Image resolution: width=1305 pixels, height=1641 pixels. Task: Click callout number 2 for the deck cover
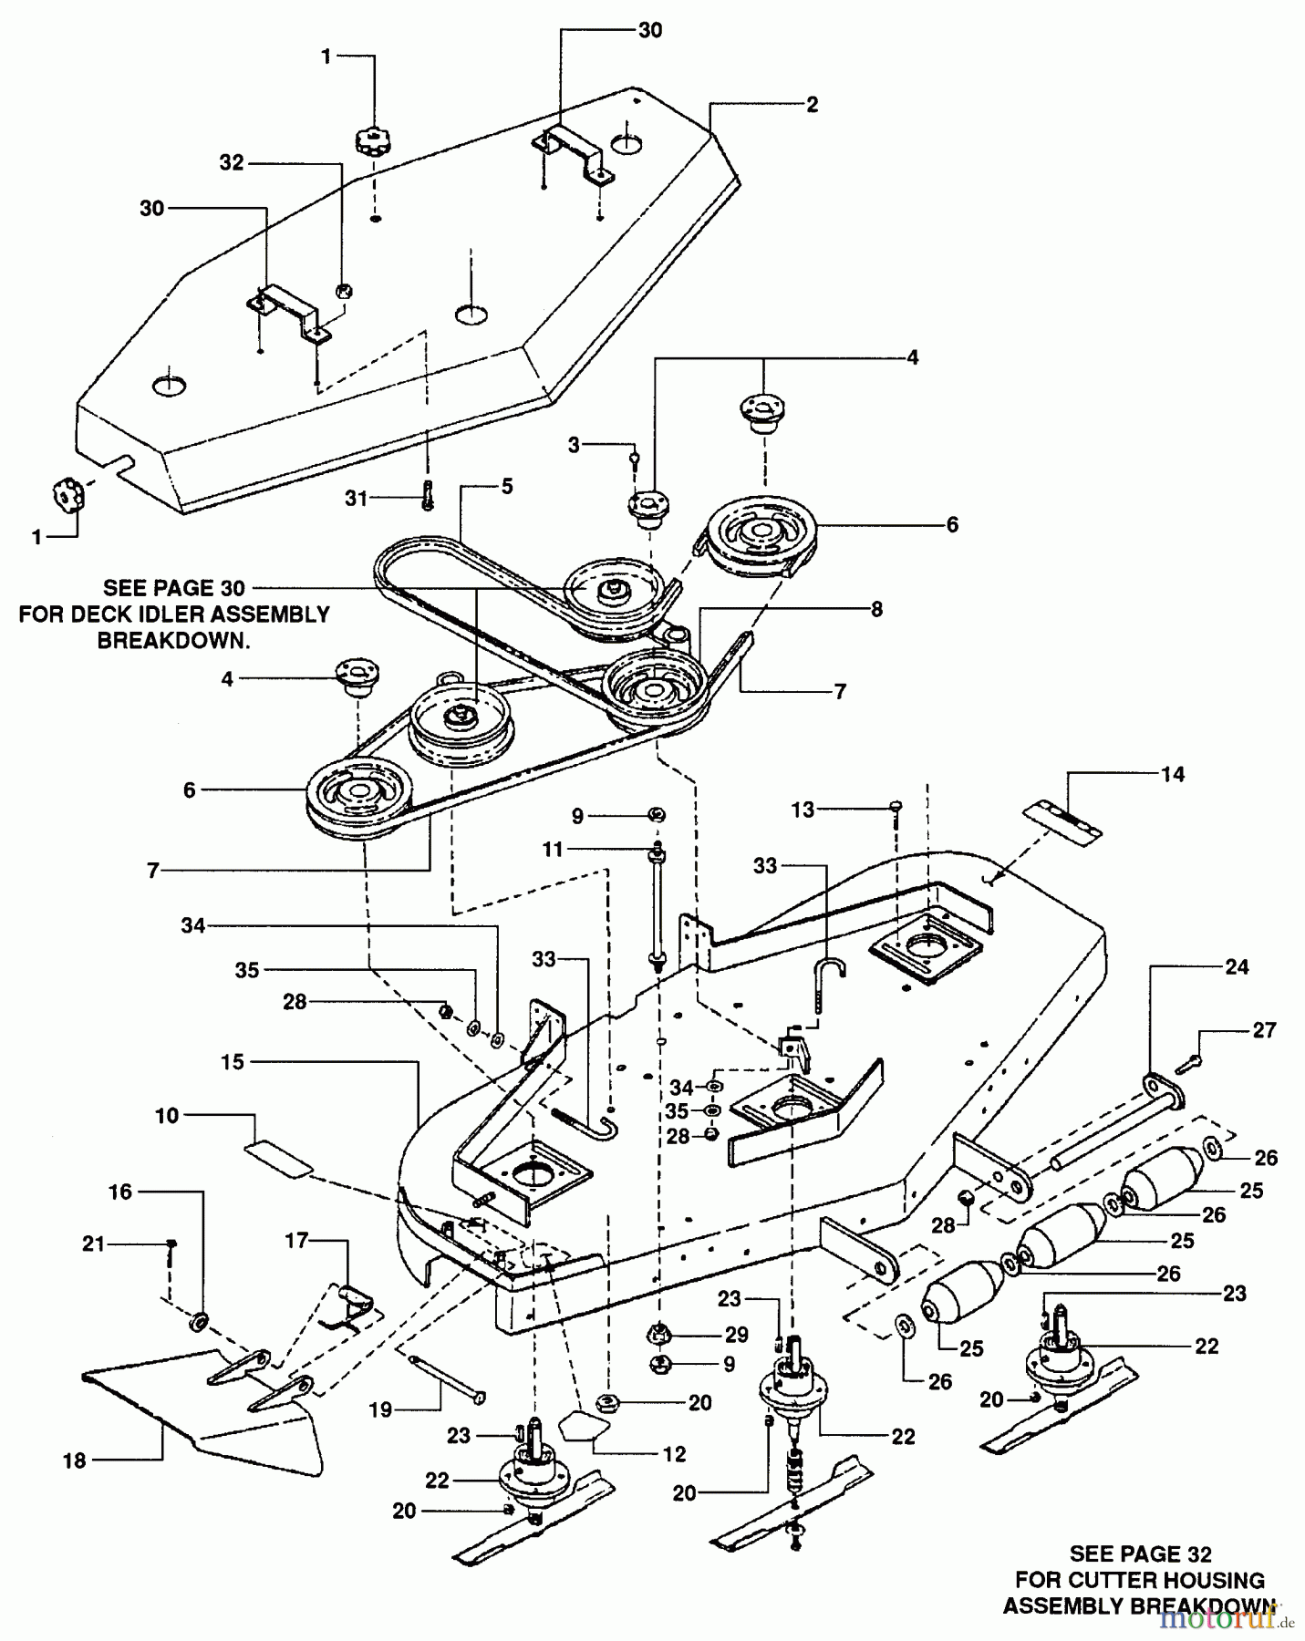812,105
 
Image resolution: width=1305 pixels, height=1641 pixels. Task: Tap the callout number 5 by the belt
507,486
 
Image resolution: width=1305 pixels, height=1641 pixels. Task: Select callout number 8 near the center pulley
876,609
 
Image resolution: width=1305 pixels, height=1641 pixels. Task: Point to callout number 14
1173,774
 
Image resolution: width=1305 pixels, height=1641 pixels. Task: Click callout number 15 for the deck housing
233,1062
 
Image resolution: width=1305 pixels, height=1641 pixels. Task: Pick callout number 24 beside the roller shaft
1237,967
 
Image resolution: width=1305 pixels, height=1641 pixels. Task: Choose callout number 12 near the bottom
674,1454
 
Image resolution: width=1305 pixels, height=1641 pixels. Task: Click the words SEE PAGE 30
174,589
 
